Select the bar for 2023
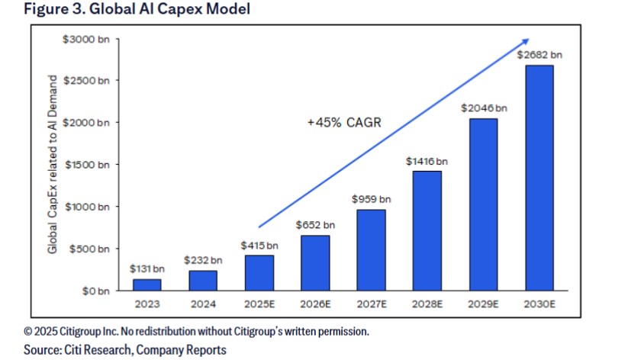[147, 284]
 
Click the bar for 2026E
[314, 262]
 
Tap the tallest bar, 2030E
[539, 177]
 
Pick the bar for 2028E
[427, 230]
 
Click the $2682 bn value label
[539, 54]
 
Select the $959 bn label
[371, 198]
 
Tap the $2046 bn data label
[483, 108]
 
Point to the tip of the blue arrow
[529, 40]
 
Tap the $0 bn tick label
[98, 291]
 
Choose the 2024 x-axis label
[203, 305]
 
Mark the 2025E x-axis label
[259, 305]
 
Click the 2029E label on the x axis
[483, 305]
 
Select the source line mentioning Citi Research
[125, 350]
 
